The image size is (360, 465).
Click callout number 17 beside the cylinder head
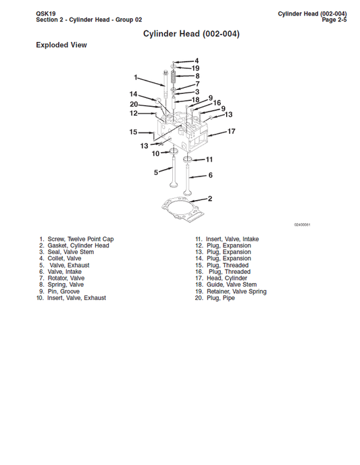click(x=231, y=131)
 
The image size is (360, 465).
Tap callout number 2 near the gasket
click(x=210, y=199)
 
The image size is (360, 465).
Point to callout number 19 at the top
click(x=195, y=68)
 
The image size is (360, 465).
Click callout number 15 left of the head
click(x=134, y=132)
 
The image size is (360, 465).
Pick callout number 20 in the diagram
click(x=134, y=104)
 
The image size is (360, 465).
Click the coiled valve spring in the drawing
click(x=174, y=76)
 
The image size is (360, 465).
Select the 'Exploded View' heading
click(x=61, y=45)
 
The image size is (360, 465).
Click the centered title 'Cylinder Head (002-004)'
click(x=191, y=33)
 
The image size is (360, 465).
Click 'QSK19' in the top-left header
click(x=46, y=13)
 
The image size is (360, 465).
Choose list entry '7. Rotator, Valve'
click(x=61, y=278)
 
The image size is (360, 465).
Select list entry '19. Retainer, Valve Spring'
click(x=231, y=291)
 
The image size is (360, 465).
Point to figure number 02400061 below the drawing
click(x=302, y=224)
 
